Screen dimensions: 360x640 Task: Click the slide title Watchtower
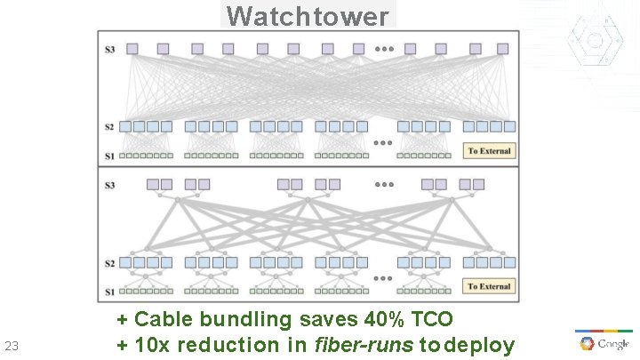[x=308, y=16]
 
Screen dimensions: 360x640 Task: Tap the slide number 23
[x=12, y=346]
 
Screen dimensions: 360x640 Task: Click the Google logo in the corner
[x=604, y=343]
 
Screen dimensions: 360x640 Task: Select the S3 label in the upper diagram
[x=110, y=49]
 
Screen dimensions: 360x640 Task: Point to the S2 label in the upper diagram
[x=110, y=126]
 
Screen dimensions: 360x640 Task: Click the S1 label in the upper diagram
[x=110, y=156]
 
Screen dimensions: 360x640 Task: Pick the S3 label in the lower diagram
[x=110, y=185]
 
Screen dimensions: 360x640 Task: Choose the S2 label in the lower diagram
[x=110, y=263]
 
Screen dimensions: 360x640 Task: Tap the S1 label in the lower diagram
[x=110, y=292]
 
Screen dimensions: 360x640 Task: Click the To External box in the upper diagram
[x=489, y=151]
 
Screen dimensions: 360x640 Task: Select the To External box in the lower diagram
[x=489, y=286]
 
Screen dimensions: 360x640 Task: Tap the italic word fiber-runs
[x=364, y=345]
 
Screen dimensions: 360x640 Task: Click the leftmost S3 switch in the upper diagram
[x=132, y=49]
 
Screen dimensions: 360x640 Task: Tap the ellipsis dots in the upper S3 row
[x=385, y=49]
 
